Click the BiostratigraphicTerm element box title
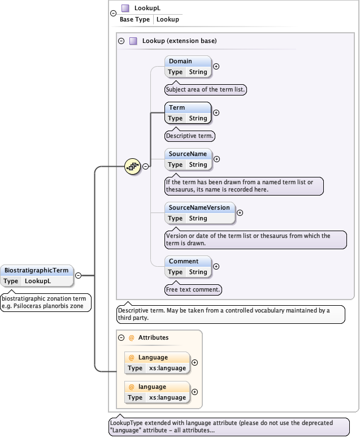click(37, 270)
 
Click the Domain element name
click(180, 61)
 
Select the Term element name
click(177, 107)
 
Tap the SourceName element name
click(188, 154)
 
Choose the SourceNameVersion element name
click(199, 207)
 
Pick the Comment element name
click(184, 261)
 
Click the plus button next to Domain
click(216, 66)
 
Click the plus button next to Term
click(216, 112)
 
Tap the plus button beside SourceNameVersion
click(240, 213)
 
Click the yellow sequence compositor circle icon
click(132, 166)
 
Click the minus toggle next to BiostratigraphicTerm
click(79, 275)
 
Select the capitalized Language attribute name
click(153, 357)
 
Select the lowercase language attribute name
click(152, 387)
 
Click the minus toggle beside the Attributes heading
click(121, 337)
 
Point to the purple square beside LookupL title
click(125, 8)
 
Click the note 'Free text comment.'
click(193, 289)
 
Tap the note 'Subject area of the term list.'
click(206, 89)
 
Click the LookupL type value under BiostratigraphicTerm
click(38, 281)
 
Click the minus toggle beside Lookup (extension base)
click(121, 41)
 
